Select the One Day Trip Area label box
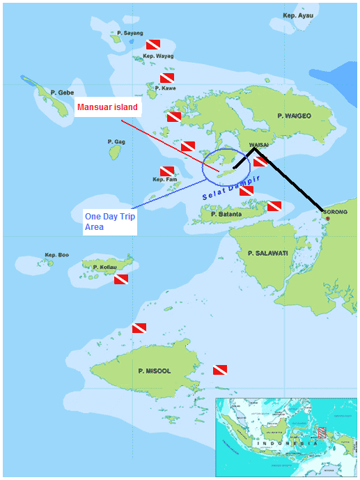(x=109, y=222)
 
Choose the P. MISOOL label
(x=154, y=371)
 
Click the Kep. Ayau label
(x=298, y=15)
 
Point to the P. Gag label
(x=116, y=141)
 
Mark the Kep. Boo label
(x=57, y=255)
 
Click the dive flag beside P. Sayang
(x=153, y=44)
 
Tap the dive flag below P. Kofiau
(x=121, y=279)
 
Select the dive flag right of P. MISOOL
(x=220, y=369)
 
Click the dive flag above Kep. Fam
(x=167, y=171)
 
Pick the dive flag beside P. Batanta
(x=274, y=206)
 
